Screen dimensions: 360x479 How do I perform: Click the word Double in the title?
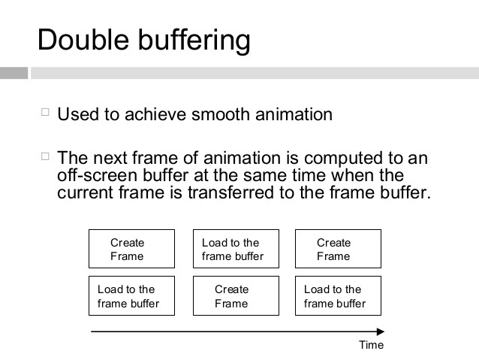point(82,41)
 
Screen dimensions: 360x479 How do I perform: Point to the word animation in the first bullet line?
point(295,115)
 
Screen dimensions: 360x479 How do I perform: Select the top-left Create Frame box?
point(131,249)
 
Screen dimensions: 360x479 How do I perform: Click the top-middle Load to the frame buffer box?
point(236,249)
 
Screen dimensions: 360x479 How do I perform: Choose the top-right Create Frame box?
point(338,249)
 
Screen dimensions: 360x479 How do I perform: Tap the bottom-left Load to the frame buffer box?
point(131,296)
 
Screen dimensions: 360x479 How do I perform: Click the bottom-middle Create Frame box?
point(236,296)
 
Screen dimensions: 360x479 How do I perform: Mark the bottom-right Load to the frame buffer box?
point(338,296)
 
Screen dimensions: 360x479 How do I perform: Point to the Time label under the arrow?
point(371,345)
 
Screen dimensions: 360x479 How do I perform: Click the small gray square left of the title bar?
point(14,73)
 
